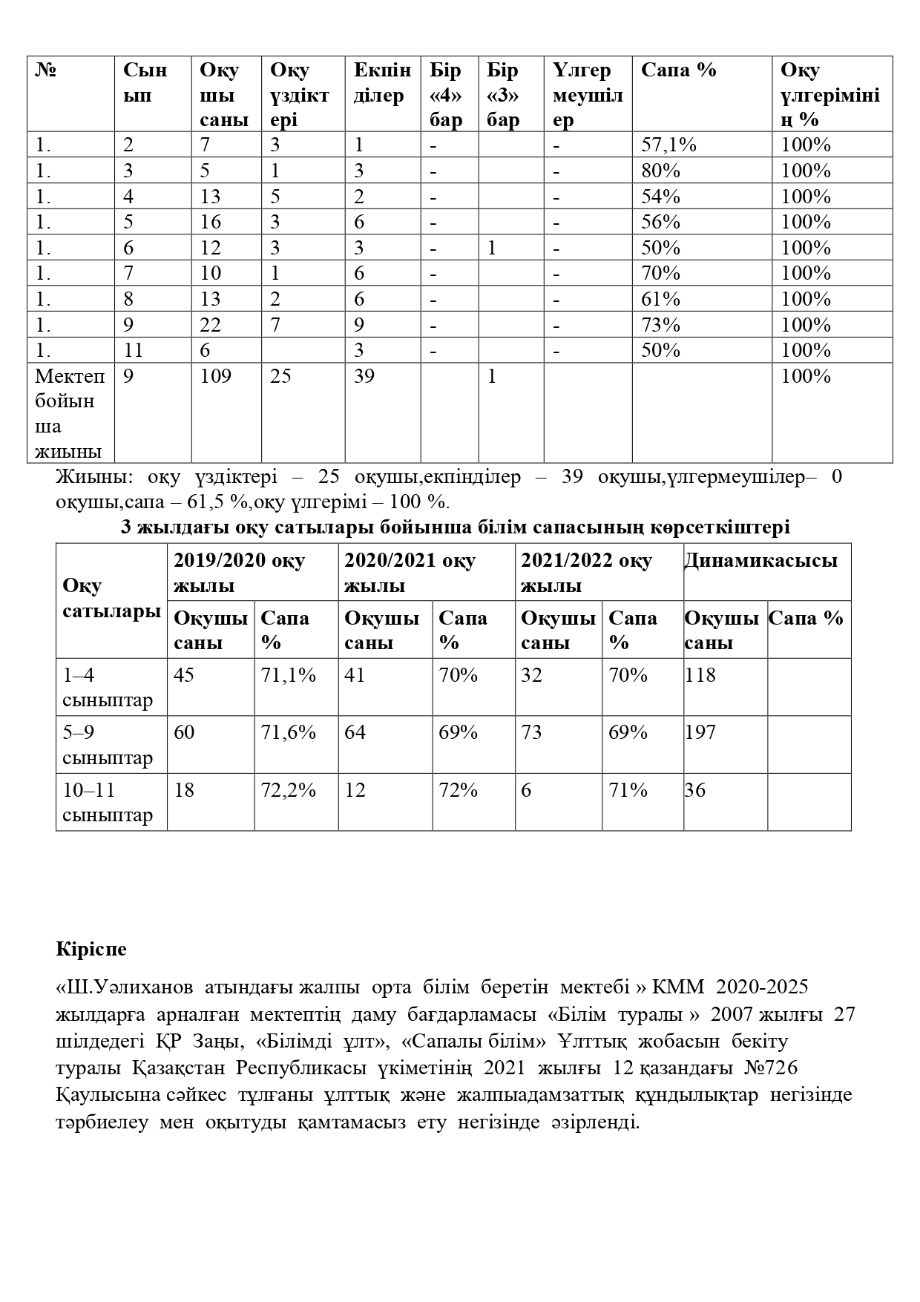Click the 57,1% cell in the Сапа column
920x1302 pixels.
point(668,145)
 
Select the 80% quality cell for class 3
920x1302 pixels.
point(660,171)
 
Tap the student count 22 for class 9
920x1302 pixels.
point(211,325)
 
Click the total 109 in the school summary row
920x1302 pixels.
point(215,377)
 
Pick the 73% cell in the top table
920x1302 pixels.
point(660,325)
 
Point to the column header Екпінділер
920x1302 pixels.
point(381,82)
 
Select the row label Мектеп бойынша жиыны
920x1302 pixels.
point(70,413)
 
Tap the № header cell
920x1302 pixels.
point(46,70)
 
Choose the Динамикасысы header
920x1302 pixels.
point(760,560)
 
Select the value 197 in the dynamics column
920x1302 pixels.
point(700,733)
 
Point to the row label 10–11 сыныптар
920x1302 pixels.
point(108,803)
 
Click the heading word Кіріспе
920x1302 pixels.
point(91,950)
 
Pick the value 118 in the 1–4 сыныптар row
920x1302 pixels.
point(700,675)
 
